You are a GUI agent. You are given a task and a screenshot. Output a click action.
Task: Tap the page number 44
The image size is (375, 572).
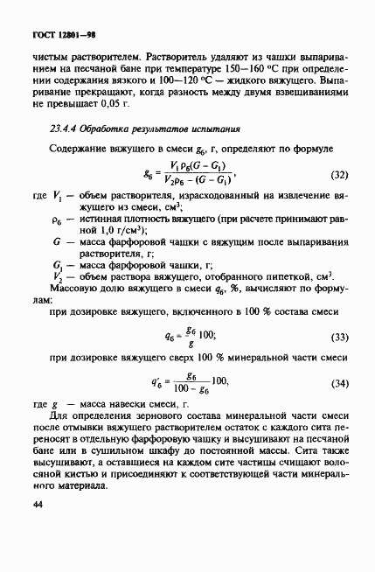[x=38, y=505]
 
